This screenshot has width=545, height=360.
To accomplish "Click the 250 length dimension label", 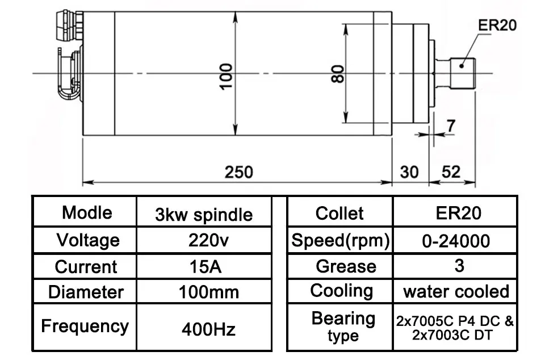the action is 238,173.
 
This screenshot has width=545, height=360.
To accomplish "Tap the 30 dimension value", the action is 409,173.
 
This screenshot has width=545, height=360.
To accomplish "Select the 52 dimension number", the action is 451,172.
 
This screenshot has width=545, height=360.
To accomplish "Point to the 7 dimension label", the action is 451,126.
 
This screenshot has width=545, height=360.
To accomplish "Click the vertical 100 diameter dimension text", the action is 227,77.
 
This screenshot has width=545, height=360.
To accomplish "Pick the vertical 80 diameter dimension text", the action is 337,74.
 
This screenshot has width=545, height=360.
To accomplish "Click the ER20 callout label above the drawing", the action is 497,25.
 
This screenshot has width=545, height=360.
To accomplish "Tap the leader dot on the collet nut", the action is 462,65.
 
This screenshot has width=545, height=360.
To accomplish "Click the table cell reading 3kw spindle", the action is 204,215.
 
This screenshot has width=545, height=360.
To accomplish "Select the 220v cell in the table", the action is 208,240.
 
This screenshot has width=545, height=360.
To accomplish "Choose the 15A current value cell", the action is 206,267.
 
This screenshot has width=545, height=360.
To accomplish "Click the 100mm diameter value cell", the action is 208,292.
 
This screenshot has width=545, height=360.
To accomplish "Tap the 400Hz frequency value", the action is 208,329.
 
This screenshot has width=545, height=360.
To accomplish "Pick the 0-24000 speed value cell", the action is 456,241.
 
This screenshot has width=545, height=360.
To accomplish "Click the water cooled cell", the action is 456,291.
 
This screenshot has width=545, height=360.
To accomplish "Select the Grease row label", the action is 346,266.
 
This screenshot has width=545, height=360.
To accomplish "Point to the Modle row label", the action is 87,212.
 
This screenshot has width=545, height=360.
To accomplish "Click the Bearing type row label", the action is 343,326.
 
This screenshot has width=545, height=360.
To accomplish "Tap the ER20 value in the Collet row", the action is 459,213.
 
